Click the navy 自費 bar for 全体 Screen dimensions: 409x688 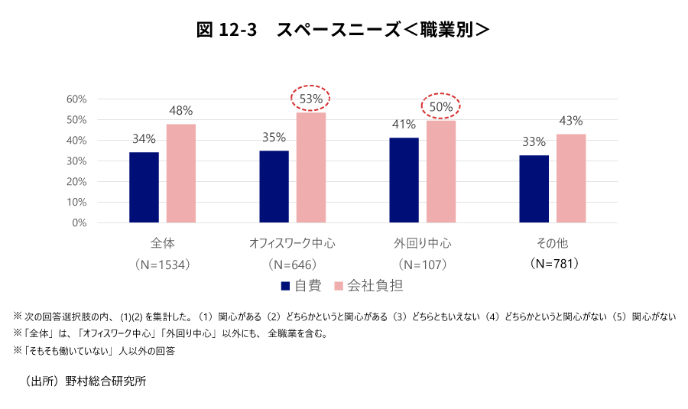point(144,187)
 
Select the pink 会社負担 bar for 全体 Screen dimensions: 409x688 point(181,174)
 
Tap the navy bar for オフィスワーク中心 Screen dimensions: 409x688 point(274,187)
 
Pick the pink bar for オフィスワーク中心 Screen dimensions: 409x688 point(311,168)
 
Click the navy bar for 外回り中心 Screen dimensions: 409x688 point(404,180)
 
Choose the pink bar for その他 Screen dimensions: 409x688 point(571,178)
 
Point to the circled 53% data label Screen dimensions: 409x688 point(311,98)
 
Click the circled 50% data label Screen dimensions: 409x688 point(441,107)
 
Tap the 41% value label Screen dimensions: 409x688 point(404,124)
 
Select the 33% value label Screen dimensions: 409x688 point(534,141)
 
